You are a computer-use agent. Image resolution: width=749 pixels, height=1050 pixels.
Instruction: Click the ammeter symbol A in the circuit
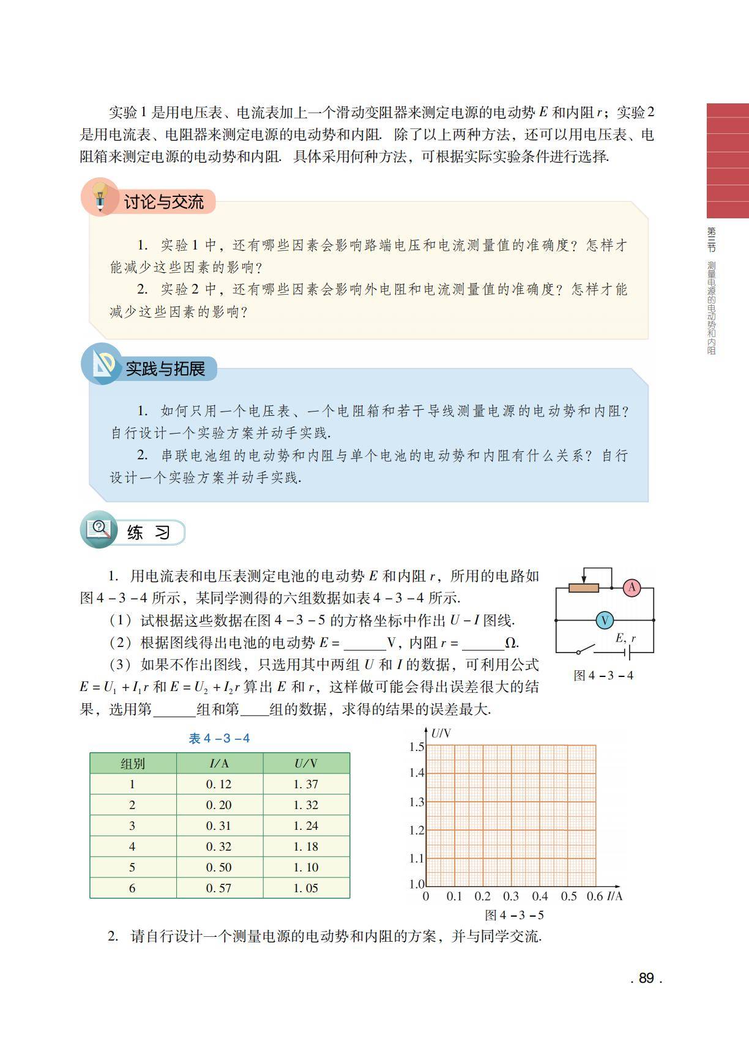tap(632, 588)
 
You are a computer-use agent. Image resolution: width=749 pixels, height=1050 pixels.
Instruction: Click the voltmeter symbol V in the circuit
tap(605, 620)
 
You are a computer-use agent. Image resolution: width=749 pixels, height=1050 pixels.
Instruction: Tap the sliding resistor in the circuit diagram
tap(583, 588)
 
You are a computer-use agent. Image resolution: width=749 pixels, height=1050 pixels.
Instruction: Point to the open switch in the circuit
tap(586, 649)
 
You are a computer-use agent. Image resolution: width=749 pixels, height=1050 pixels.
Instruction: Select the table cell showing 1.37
tap(306, 784)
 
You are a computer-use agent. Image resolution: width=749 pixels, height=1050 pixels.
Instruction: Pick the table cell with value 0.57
tap(219, 888)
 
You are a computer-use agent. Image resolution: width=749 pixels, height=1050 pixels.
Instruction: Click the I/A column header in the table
tap(219, 763)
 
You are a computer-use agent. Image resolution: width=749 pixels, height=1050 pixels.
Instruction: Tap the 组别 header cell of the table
tap(132, 763)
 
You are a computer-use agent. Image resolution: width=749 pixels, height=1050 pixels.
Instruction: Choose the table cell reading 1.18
tap(306, 846)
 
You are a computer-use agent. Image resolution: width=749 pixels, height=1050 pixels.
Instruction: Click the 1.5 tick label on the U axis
tap(416, 746)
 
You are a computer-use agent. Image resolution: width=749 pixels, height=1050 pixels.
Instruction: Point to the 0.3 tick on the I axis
tap(511, 897)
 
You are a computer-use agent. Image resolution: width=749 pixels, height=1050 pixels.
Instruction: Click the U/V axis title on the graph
tap(441, 733)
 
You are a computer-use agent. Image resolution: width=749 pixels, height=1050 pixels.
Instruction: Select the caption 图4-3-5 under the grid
tap(514, 915)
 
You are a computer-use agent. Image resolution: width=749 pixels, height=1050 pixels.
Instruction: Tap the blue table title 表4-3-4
tap(219, 738)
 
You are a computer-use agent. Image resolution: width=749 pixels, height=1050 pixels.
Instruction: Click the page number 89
tap(646, 978)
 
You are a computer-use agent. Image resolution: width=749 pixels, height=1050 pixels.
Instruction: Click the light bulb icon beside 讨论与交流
tap(100, 197)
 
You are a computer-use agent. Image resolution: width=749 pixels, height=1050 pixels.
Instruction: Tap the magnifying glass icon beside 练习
tap(99, 529)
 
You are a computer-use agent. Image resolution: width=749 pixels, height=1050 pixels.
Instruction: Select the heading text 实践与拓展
tap(165, 369)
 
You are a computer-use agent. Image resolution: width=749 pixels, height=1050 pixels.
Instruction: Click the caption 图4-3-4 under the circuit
tap(603, 675)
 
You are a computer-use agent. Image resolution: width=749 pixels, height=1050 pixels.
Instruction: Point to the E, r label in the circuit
tap(625, 638)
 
